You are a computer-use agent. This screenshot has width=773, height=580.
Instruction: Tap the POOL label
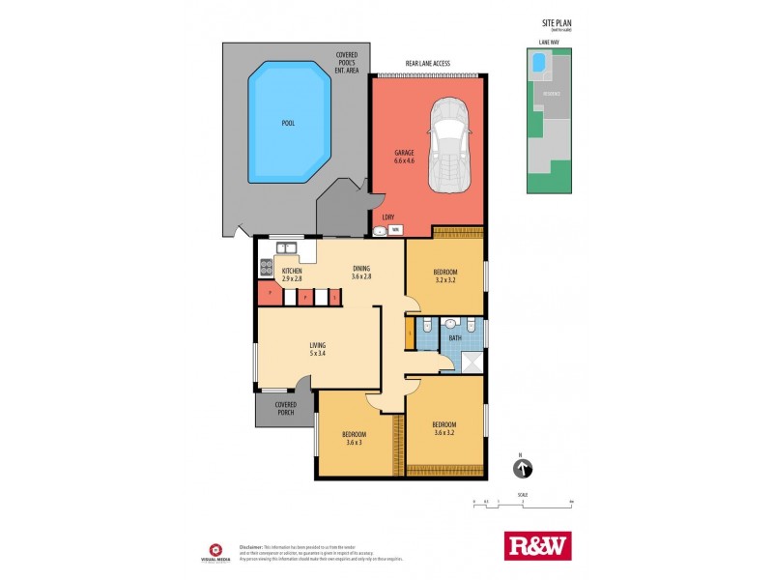pyautogui.click(x=288, y=124)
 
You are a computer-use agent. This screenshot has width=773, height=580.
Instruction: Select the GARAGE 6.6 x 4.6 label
pyautogui.click(x=403, y=157)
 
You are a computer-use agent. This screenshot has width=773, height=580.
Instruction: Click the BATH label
pyautogui.click(x=454, y=337)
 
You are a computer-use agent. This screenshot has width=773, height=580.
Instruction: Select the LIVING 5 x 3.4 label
pyautogui.click(x=316, y=348)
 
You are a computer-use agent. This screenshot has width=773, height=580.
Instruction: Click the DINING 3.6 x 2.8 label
pyautogui.click(x=361, y=275)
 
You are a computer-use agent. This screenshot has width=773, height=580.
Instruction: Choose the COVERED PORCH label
pyautogui.click(x=285, y=409)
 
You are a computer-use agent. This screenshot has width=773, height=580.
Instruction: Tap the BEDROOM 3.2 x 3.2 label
pyautogui.click(x=444, y=275)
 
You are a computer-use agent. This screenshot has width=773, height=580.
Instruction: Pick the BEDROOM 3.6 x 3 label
pyautogui.click(x=352, y=438)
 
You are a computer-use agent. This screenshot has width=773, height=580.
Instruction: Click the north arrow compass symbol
pyautogui.click(x=522, y=469)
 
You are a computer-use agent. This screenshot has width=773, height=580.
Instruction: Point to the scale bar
pyautogui.click(x=523, y=504)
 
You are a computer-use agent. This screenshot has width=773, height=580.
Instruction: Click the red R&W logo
pyautogui.click(x=538, y=545)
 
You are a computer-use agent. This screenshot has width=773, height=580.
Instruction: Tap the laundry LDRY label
pyautogui.click(x=387, y=217)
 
